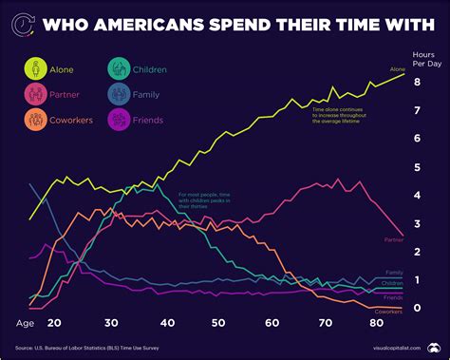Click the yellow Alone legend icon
click(x=36, y=68)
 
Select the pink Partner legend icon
click(x=36, y=94)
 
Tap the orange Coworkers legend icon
click(x=36, y=120)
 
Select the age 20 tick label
click(x=53, y=323)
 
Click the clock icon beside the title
click(x=28, y=20)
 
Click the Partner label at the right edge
click(x=394, y=240)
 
